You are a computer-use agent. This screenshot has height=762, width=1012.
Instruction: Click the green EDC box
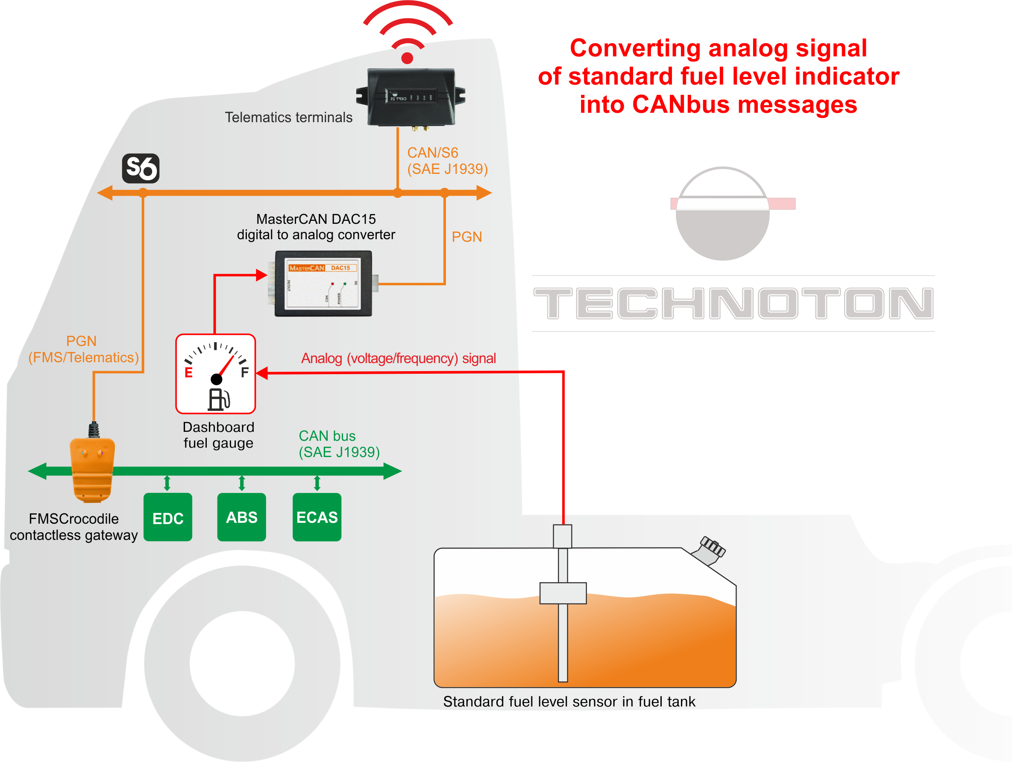[167, 517]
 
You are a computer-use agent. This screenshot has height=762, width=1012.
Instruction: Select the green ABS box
[241, 517]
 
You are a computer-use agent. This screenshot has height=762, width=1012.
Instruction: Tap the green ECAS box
[317, 517]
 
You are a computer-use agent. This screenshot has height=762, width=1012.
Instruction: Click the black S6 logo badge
[141, 168]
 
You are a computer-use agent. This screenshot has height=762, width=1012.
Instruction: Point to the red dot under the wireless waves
[407, 58]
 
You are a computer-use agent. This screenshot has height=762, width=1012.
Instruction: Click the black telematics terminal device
[411, 97]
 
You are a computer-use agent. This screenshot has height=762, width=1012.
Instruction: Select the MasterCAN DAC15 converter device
[323, 284]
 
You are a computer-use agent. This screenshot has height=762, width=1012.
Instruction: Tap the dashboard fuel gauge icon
[215, 374]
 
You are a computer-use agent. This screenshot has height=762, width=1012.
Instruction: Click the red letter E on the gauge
[188, 373]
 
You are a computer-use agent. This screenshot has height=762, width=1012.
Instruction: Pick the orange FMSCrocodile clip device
[92, 469]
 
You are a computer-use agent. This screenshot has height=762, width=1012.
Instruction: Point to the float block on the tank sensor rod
[563, 593]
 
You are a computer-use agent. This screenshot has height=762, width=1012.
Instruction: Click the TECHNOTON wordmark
[733, 303]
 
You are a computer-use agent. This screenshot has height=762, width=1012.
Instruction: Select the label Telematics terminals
[288, 117]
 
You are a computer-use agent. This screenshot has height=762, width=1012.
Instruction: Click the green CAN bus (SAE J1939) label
[339, 444]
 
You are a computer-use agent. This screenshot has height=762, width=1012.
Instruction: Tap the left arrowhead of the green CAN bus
[38, 471]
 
